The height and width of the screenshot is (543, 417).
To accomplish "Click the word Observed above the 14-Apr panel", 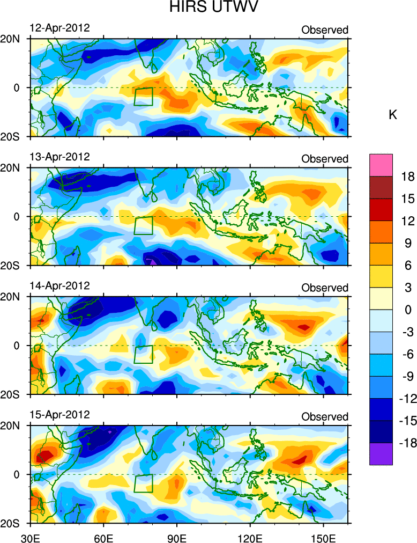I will (325, 288).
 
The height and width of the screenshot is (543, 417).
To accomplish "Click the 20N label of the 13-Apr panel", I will (11, 167).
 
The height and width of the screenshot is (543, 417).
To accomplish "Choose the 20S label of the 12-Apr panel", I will (11, 136).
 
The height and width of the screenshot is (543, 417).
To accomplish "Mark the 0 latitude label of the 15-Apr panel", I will (17, 475).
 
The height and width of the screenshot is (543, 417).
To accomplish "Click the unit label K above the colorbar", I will (393, 115).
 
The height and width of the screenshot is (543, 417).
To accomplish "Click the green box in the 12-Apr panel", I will (144, 97).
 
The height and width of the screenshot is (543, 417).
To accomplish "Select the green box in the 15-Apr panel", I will (144, 483).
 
